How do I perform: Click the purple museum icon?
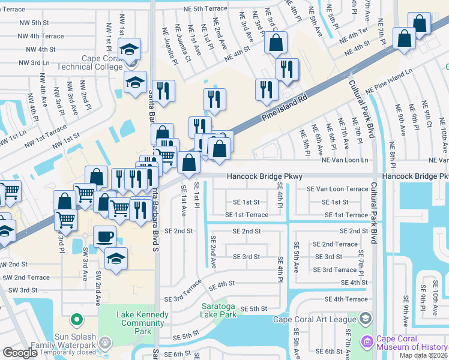tap(367, 342)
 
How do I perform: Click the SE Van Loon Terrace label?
tap(337, 189)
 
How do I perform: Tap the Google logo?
tap(20, 352)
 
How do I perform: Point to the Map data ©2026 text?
tap(424, 355)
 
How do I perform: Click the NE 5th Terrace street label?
tap(202, 8)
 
